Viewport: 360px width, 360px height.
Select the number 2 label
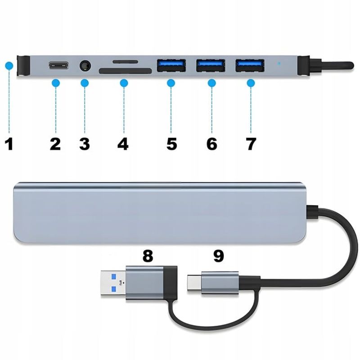pos(55,144)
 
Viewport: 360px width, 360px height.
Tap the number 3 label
pos(84,144)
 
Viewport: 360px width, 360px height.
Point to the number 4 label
pos(123,144)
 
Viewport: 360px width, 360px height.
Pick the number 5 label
pos(171,144)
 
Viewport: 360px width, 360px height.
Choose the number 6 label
pos(211,144)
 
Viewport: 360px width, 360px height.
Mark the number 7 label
pos(251,144)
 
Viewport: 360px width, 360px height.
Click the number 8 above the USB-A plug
pos(147,256)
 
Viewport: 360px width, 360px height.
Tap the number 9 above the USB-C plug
pos(218,256)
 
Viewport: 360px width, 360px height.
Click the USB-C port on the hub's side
pos(58,66)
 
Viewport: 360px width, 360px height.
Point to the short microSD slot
pos(124,61)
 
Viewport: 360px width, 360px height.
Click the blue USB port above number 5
pos(171,66)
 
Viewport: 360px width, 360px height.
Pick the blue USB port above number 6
pos(211,66)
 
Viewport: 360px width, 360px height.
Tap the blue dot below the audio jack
pos(85,83)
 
